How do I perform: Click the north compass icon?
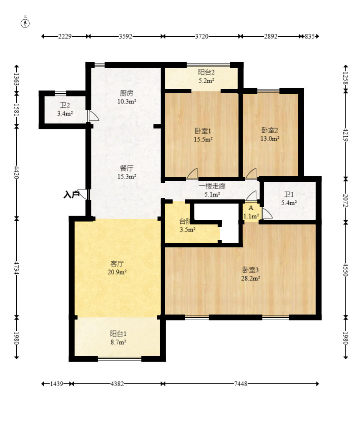(25, 23)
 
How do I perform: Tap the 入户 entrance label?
(71, 195)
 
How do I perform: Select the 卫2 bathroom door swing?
(93, 116)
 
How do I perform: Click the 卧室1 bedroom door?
(192, 174)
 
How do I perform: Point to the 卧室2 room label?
(269, 130)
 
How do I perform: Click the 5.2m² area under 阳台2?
(206, 81)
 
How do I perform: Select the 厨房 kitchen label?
(127, 93)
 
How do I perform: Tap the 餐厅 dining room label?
(127, 168)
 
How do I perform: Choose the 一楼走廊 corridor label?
(212, 186)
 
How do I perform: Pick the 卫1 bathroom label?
(289, 194)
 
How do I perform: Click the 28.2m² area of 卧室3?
(250, 278)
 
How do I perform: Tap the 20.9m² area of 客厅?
(117, 272)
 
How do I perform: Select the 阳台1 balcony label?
(118, 333)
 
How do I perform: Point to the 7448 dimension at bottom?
(241, 384)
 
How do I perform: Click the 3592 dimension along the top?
(126, 36)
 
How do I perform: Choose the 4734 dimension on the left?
(17, 268)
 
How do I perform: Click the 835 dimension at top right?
(310, 36)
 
